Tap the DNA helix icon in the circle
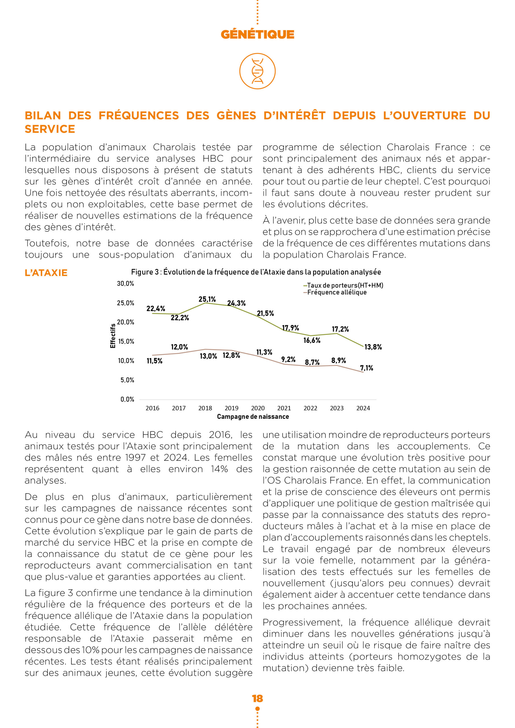(257, 71)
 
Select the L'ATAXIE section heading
(46, 273)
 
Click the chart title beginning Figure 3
(256, 272)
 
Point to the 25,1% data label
(207, 299)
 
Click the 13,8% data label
(373, 347)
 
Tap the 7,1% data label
(366, 368)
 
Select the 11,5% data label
(154, 361)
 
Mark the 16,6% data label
(312, 340)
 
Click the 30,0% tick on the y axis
(125, 284)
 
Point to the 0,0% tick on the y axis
(127, 400)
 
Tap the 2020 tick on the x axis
(258, 408)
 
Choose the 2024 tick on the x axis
(363, 408)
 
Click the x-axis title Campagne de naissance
(253, 417)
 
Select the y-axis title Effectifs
(113, 336)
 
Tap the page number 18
(257, 698)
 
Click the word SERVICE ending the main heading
(50, 129)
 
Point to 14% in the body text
(219, 469)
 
